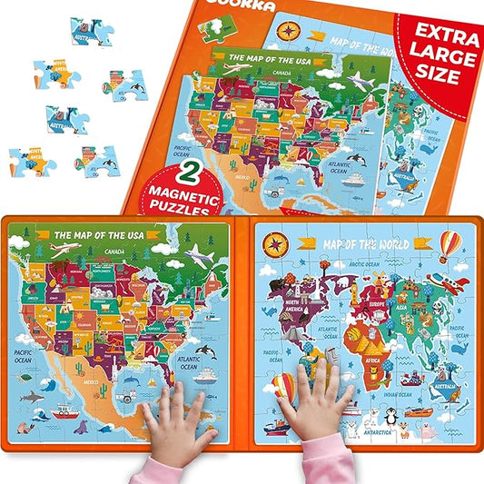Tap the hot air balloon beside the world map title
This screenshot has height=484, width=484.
(x=449, y=245)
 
